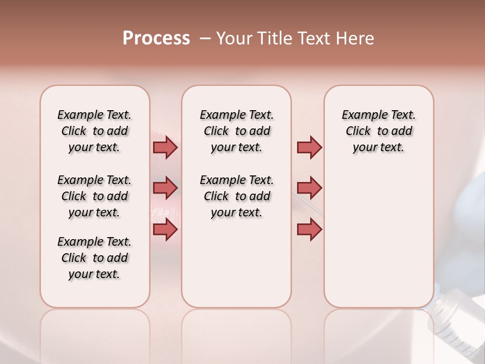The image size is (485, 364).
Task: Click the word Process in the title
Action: pos(156,38)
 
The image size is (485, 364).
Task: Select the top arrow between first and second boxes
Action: pos(165,147)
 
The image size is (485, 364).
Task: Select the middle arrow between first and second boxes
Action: pos(165,188)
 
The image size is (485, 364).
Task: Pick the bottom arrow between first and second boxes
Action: pos(165,230)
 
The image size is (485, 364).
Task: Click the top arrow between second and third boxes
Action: pos(309,147)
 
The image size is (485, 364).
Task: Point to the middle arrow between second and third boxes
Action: pos(309,188)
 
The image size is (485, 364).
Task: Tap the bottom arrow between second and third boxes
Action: pos(309,230)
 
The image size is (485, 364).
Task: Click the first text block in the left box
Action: pos(94,131)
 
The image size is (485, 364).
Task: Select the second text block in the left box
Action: pos(94,196)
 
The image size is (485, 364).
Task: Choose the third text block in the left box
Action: pos(94,258)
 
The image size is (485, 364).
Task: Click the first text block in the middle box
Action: pos(236,131)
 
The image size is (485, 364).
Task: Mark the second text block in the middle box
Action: pos(236,196)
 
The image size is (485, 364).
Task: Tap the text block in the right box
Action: pos(378,131)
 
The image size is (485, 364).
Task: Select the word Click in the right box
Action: pos(358,131)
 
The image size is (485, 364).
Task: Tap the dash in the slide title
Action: pos(205,38)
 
